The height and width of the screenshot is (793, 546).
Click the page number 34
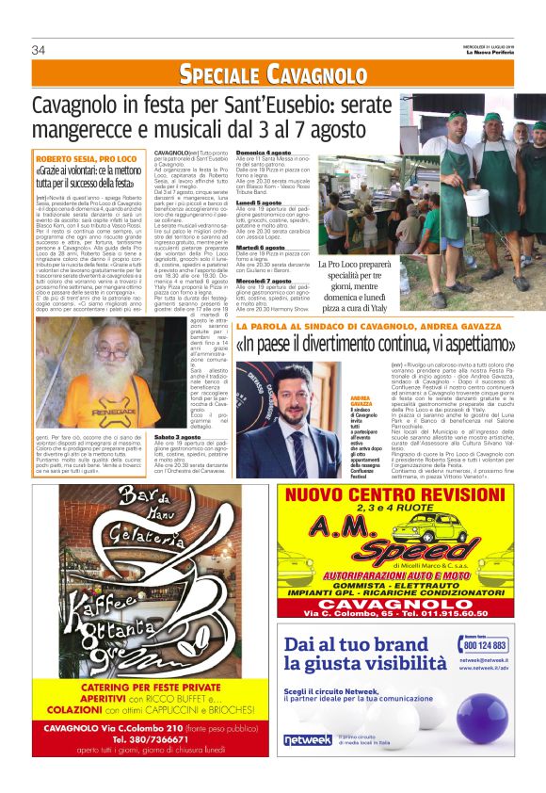click(39, 50)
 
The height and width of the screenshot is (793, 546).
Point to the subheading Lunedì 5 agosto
click(259, 202)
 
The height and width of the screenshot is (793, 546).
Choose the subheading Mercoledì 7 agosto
click(266, 280)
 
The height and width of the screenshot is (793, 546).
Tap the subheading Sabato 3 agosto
click(180, 437)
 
